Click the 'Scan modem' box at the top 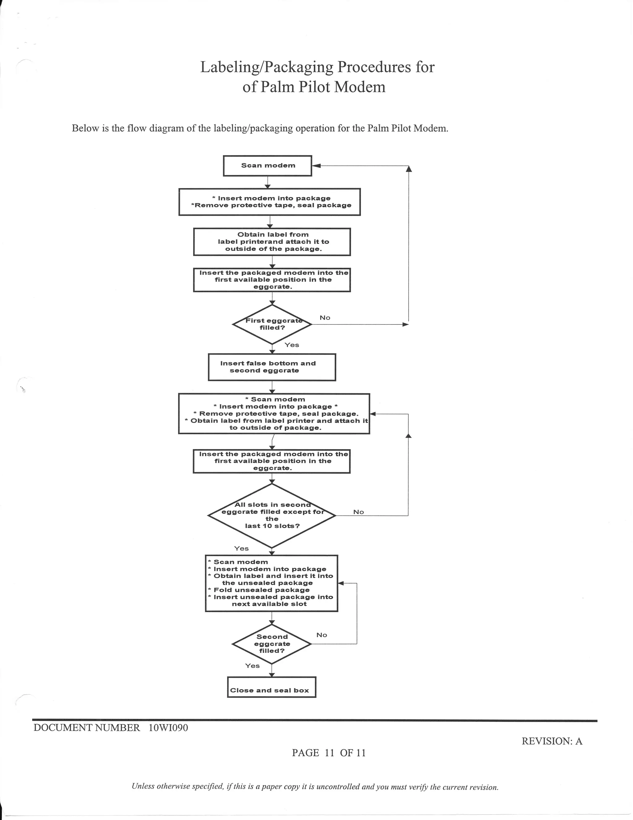[268, 165]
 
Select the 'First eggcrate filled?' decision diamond [272, 324]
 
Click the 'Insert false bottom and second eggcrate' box [272, 367]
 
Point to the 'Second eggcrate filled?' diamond [272, 644]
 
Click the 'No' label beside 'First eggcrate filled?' [325, 318]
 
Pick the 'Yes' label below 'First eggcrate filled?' [291, 345]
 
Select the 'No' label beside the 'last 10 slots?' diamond [358, 512]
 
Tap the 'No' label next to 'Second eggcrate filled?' [321, 635]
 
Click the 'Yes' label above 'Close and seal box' [252, 666]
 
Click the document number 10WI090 [168, 728]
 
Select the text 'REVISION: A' [552, 741]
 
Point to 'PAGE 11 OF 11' [329, 753]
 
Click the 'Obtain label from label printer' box [272, 242]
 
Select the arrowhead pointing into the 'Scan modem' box [316, 165]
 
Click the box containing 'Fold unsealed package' [271, 583]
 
